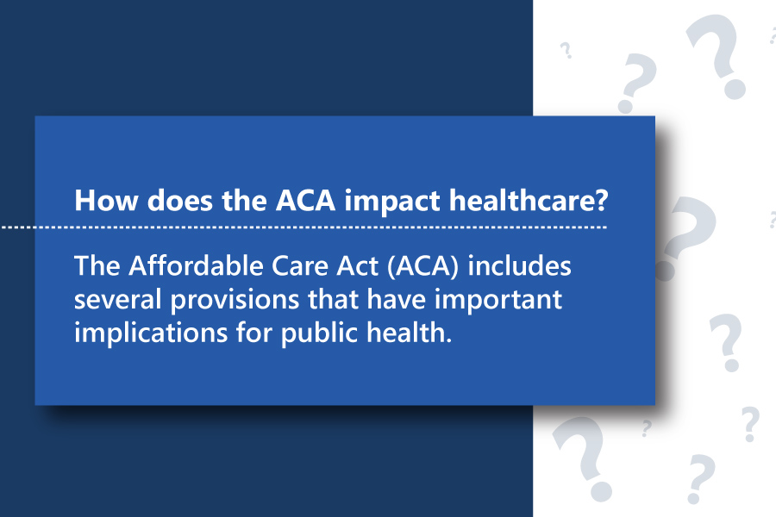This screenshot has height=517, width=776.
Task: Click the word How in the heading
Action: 105,201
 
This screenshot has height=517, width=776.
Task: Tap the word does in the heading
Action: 180,201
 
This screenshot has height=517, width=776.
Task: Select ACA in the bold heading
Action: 306,201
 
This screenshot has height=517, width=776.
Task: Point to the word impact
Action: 392,202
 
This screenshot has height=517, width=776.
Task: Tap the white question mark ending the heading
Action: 602,201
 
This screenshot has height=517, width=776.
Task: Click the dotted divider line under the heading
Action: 304,227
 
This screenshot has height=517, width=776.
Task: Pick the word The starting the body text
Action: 97,265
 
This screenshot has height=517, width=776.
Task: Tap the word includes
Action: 520,265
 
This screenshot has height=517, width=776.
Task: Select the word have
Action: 397,299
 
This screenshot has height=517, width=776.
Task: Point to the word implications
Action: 151,333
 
